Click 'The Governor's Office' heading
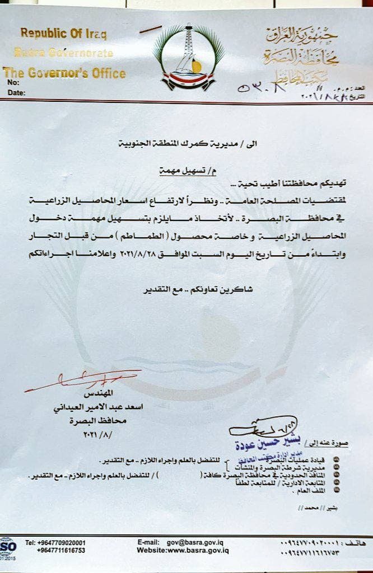(64, 73)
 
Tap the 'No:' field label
(13, 83)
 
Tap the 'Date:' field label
(17, 93)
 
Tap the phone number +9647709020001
(62, 542)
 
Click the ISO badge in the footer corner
(7, 547)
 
